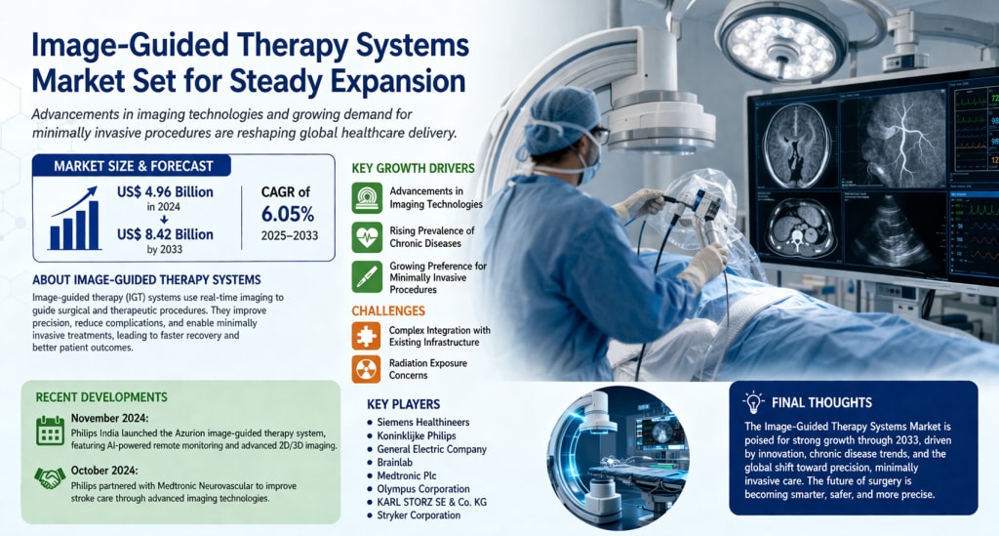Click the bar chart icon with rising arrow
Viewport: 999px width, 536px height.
click(74, 219)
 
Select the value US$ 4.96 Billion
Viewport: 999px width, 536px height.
click(165, 191)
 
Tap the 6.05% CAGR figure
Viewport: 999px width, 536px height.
click(288, 214)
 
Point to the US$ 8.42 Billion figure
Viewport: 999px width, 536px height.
click(165, 234)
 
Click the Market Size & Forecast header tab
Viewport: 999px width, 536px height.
click(133, 166)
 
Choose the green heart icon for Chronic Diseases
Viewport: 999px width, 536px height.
click(367, 237)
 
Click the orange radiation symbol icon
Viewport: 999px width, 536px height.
click(367, 370)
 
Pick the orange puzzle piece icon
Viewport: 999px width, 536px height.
click(367, 337)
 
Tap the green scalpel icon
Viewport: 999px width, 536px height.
click(367, 276)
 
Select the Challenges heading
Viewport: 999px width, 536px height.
click(388, 311)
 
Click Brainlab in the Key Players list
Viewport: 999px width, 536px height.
click(394, 463)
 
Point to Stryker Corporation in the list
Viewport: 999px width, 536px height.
click(419, 515)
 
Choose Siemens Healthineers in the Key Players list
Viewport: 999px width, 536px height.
click(423, 422)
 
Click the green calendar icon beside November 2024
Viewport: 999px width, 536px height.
click(51, 431)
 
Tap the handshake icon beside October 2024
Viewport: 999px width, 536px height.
click(50, 478)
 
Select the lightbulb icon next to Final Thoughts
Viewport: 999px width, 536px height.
click(753, 402)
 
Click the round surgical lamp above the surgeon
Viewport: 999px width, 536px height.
click(783, 42)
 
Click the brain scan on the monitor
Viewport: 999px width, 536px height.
click(796, 144)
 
